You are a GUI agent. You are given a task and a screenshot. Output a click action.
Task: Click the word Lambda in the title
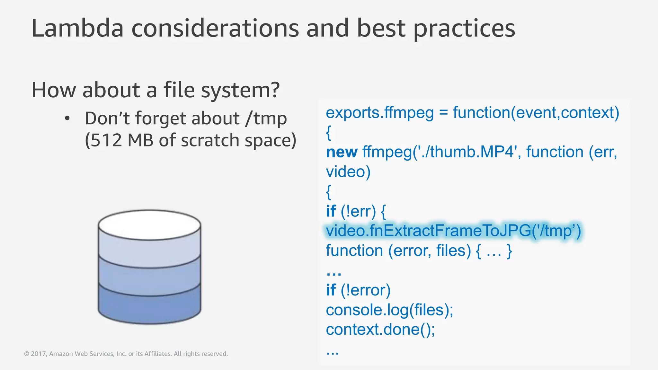77,28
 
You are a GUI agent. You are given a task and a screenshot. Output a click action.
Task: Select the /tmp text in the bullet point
266,119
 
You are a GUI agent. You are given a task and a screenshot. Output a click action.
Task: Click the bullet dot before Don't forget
67,119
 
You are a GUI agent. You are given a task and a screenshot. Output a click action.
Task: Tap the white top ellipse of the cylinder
149,225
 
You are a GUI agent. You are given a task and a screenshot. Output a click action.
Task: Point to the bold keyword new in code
342,152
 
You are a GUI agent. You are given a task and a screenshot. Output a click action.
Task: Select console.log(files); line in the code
389,310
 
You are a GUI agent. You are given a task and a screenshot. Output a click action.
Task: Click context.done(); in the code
380,330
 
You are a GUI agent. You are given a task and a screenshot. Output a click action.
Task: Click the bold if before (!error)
331,290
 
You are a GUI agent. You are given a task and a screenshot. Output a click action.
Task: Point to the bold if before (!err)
331,211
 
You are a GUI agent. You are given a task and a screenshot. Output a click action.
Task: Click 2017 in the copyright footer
38,354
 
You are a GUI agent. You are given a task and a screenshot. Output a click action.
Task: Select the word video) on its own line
348,172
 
